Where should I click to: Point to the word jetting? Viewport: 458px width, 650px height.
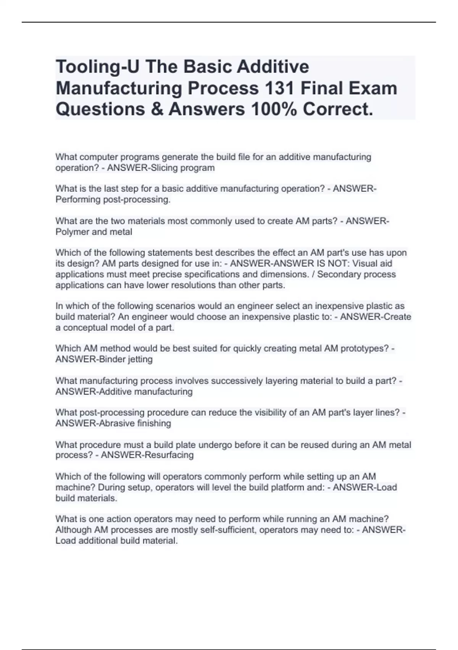pyautogui.click(x=139, y=359)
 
